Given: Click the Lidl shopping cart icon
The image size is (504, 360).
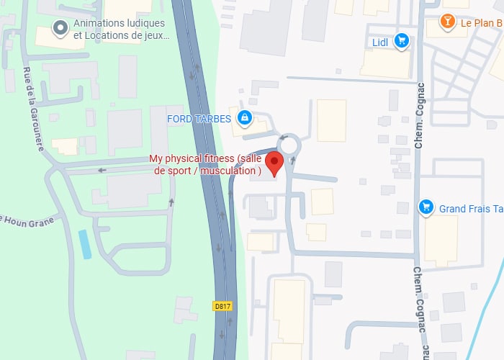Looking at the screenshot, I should [402, 42].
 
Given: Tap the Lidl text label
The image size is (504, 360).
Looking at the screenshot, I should [380, 42].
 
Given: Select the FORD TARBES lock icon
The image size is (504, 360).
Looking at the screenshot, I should [245, 117].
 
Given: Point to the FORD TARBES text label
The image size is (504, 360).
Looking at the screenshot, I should [199, 118].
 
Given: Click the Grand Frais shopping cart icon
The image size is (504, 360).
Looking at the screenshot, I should [426, 207].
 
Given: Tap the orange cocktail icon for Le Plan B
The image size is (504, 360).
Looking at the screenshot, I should [449, 22].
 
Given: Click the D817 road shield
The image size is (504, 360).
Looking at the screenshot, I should [222, 306].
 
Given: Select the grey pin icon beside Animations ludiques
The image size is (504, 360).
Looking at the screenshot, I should [60, 29].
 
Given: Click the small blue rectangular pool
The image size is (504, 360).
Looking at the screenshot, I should [86, 245].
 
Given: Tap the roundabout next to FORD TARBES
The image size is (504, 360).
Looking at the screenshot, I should [290, 144].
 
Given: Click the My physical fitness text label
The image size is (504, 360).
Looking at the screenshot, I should [206, 165].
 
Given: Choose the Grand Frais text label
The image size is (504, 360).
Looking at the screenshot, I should [471, 208].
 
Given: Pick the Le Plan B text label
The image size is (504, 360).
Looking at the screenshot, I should [481, 23].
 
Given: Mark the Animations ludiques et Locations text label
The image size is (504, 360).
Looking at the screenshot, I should [119, 29].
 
